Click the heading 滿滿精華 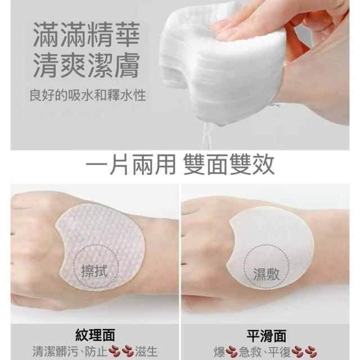[86, 34]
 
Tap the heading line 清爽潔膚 [86, 65]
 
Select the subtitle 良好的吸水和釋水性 [88, 95]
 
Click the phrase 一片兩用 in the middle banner [130, 164]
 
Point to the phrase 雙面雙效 [229, 164]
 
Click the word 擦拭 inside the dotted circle [94, 271]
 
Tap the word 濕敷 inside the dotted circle [266, 274]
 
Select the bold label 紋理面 [95, 335]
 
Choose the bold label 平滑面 [266, 335]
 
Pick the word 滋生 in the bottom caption [146, 352]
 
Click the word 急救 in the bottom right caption [250, 352]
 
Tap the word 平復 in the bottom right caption [280, 352]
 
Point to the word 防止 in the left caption [96, 352]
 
